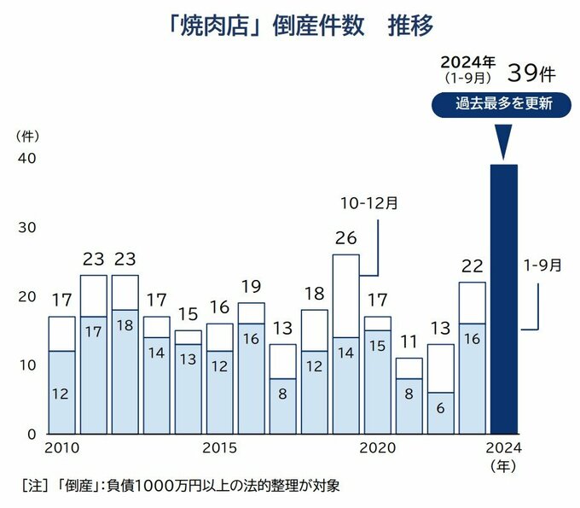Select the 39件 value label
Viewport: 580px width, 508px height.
tap(531, 71)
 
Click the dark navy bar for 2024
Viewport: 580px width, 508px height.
tap(504, 299)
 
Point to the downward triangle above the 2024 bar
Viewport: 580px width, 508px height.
tap(504, 142)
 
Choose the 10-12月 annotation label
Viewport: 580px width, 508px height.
tap(368, 204)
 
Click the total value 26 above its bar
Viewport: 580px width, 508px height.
tap(345, 239)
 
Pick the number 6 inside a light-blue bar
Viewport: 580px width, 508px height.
tap(441, 408)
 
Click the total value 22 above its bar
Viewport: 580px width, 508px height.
tap(472, 267)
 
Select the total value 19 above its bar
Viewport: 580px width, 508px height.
tap(252, 287)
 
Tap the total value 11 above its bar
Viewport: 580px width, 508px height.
tap(409, 342)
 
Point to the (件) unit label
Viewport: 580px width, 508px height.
tap(27, 135)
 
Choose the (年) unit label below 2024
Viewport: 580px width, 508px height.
tap(504, 466)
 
